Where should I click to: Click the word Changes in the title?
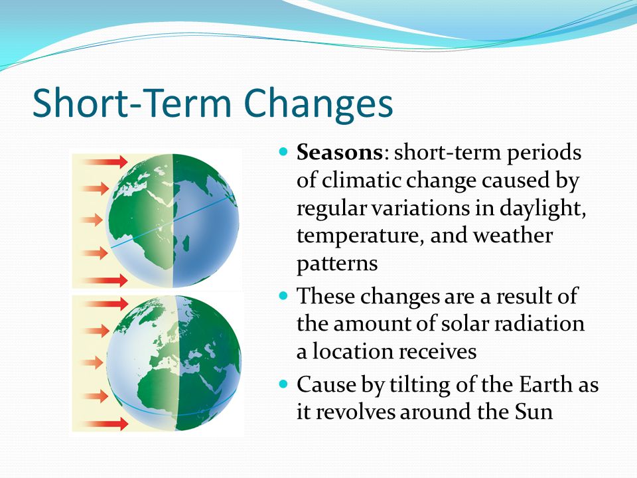tap(318, 104)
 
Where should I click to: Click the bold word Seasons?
tap(339, 153)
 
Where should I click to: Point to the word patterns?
tap(337, 264)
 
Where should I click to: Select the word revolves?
tap(356, 412)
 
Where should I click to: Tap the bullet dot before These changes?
tap(283, 295)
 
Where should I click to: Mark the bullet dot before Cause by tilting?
tap(283, 384)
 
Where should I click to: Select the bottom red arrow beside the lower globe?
tap(106, 424)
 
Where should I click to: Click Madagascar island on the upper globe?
tap(186, 245)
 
